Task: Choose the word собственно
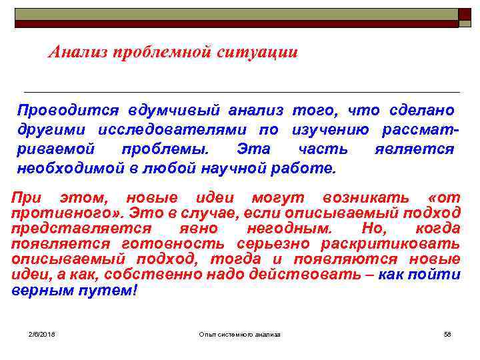[x=151, y=275]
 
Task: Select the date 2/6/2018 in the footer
[x=41, y=333]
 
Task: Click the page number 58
[x=447, y=333]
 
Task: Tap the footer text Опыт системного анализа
[x=240, y=333]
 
